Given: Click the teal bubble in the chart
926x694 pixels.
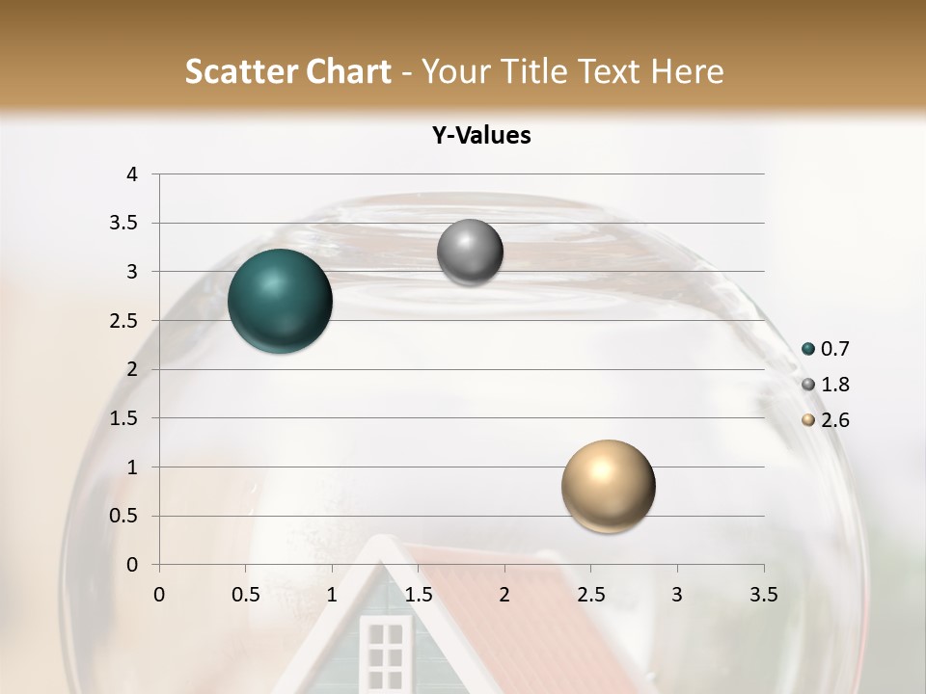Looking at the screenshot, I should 281,301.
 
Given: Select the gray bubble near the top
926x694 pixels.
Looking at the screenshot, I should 470,253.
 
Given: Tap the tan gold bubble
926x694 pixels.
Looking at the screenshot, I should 608,486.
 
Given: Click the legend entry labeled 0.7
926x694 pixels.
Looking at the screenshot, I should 834,349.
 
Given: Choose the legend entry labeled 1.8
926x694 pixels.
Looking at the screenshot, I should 834,385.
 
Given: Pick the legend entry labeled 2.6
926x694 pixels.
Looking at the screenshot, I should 834,420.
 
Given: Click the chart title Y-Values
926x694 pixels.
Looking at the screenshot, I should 481,136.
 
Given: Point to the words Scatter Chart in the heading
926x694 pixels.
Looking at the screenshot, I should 287,71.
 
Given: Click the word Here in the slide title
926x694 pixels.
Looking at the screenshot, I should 686,71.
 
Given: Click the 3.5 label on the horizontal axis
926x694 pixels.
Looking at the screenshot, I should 763,595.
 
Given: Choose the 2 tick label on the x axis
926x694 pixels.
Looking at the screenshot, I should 504,595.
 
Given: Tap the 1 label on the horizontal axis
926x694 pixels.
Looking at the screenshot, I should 332,595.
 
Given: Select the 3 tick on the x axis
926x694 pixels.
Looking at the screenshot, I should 677,595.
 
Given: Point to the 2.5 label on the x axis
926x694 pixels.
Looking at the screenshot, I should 590,595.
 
